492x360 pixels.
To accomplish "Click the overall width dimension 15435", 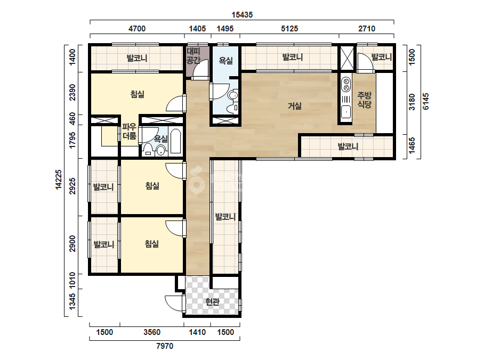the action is pyautogui.click(x=242, y=15).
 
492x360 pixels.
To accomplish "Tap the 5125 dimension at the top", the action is pyautogui.click(x=289, y=29).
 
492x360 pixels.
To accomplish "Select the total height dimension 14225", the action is pyautogui.click(x=59, y=179).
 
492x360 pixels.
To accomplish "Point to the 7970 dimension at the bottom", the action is pyautogui.click(x=165, y=346).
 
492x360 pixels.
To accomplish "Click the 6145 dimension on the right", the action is pyautogui.click(x=425, y=101).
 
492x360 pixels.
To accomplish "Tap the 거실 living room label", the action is pyautogui.click(x=295, y=106).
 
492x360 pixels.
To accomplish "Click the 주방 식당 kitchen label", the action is pyautogui.click(x=364, y=100).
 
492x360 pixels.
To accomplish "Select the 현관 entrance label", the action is pyautogui.click(x=213, y=301).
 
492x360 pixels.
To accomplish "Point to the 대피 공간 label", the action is pyautogui.click(x=193, y=55).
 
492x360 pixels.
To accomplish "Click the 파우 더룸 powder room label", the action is pyautogui.click(x=130, y=132).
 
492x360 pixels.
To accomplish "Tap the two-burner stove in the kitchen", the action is pyautogui.click(x=346, y=84).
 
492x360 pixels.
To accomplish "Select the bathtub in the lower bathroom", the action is pyautogui.click(x=175, y=142).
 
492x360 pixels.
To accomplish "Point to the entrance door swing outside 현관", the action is pyautogui.click(x=174, y=303).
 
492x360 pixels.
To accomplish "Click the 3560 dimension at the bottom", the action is pyautogui.click(x=152, y=332).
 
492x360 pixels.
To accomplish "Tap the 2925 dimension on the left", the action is pyautogui.click(x=72, y=186).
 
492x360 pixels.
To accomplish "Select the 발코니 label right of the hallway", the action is pyautogui.click(x=225, y=217).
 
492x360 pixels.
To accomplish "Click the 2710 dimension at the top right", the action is pyautogui.click(x=367, y=29).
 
